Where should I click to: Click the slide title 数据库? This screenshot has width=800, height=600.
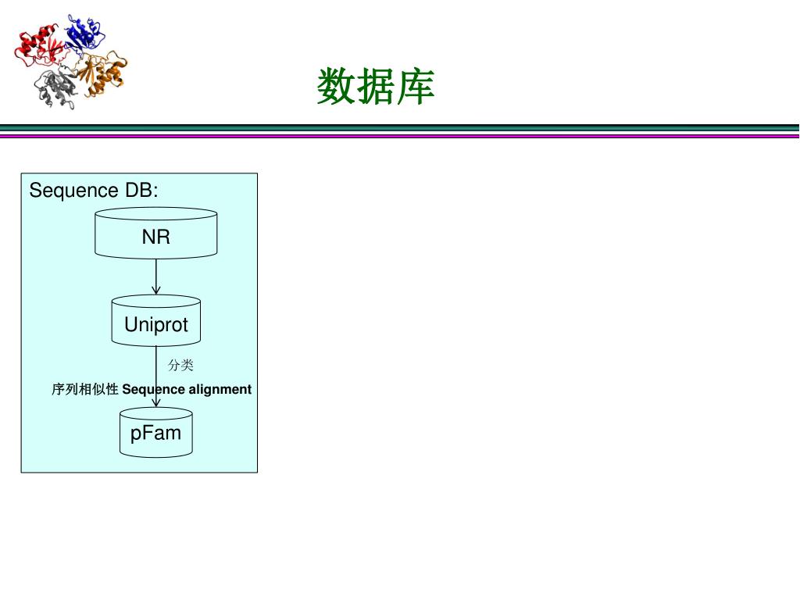pos(375,86)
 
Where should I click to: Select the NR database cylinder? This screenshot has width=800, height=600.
pos(155,234)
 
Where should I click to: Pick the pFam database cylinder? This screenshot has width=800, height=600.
pos(156,433)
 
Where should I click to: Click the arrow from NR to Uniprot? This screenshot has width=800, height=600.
pos(156,273)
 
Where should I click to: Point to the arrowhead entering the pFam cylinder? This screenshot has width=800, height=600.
pos(156,402)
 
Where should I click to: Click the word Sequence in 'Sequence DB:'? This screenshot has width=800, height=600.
pos(73,191)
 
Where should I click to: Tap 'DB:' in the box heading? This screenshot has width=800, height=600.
pos(141,191)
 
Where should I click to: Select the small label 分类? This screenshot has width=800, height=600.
pos(180,365)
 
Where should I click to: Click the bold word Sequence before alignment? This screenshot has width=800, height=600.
pos(153,389)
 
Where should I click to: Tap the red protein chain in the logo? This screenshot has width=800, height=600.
pos(39,47)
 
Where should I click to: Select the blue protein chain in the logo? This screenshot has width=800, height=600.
pos(84,33)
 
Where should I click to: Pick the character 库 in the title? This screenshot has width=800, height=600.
pos(415,86)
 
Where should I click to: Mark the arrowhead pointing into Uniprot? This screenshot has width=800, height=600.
pos(156,291)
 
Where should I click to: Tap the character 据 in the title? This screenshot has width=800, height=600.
pos(375,86)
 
